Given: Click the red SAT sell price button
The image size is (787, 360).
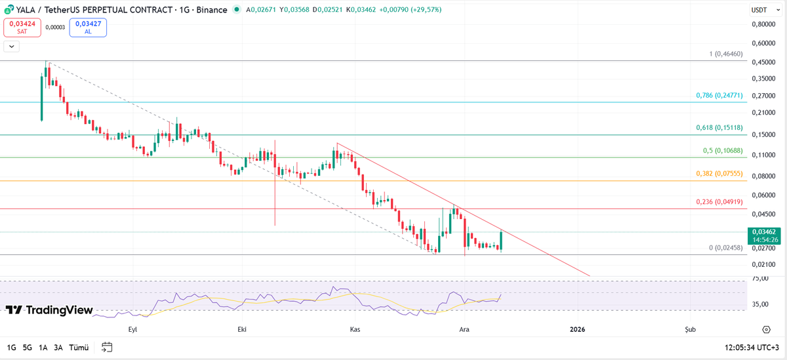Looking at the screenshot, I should tap(22, 27).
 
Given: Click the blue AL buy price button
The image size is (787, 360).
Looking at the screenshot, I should tap(87, 27).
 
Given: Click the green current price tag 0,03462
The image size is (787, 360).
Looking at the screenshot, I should tap(765, 235).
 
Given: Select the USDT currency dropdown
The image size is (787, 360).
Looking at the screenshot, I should tap(762, 10).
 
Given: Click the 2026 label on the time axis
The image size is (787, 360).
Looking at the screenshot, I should tap(577, 330).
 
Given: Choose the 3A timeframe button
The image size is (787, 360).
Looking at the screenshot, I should tap(58, 348).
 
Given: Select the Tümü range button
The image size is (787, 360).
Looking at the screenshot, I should tap(79, 348).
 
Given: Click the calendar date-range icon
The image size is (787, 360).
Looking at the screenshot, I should tap(108, 348).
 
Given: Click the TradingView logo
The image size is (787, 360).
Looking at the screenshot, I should tap(50, 310).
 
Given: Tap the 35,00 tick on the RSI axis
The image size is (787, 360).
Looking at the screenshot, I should tap(760, 304).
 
